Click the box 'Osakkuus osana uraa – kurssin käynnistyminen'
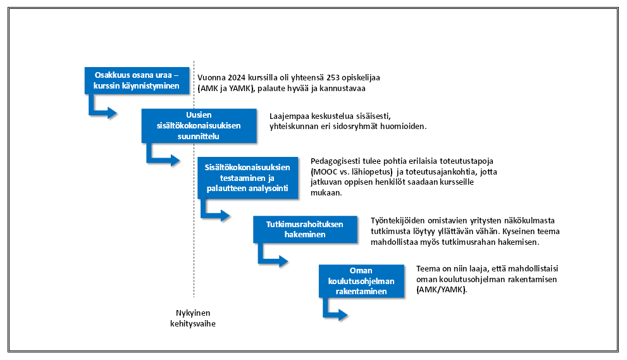pos(137,80)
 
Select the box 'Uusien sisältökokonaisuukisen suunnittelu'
pos(199,126)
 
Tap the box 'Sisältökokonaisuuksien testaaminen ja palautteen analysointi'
pos(247,178)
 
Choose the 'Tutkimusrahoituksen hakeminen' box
pos(305,230)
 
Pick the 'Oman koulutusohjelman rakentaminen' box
pos(361,281)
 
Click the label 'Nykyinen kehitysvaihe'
pos(193,318)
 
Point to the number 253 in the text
pos(333,78)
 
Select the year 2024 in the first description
pos(237,78)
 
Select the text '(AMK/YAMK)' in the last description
pos(442,290)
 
